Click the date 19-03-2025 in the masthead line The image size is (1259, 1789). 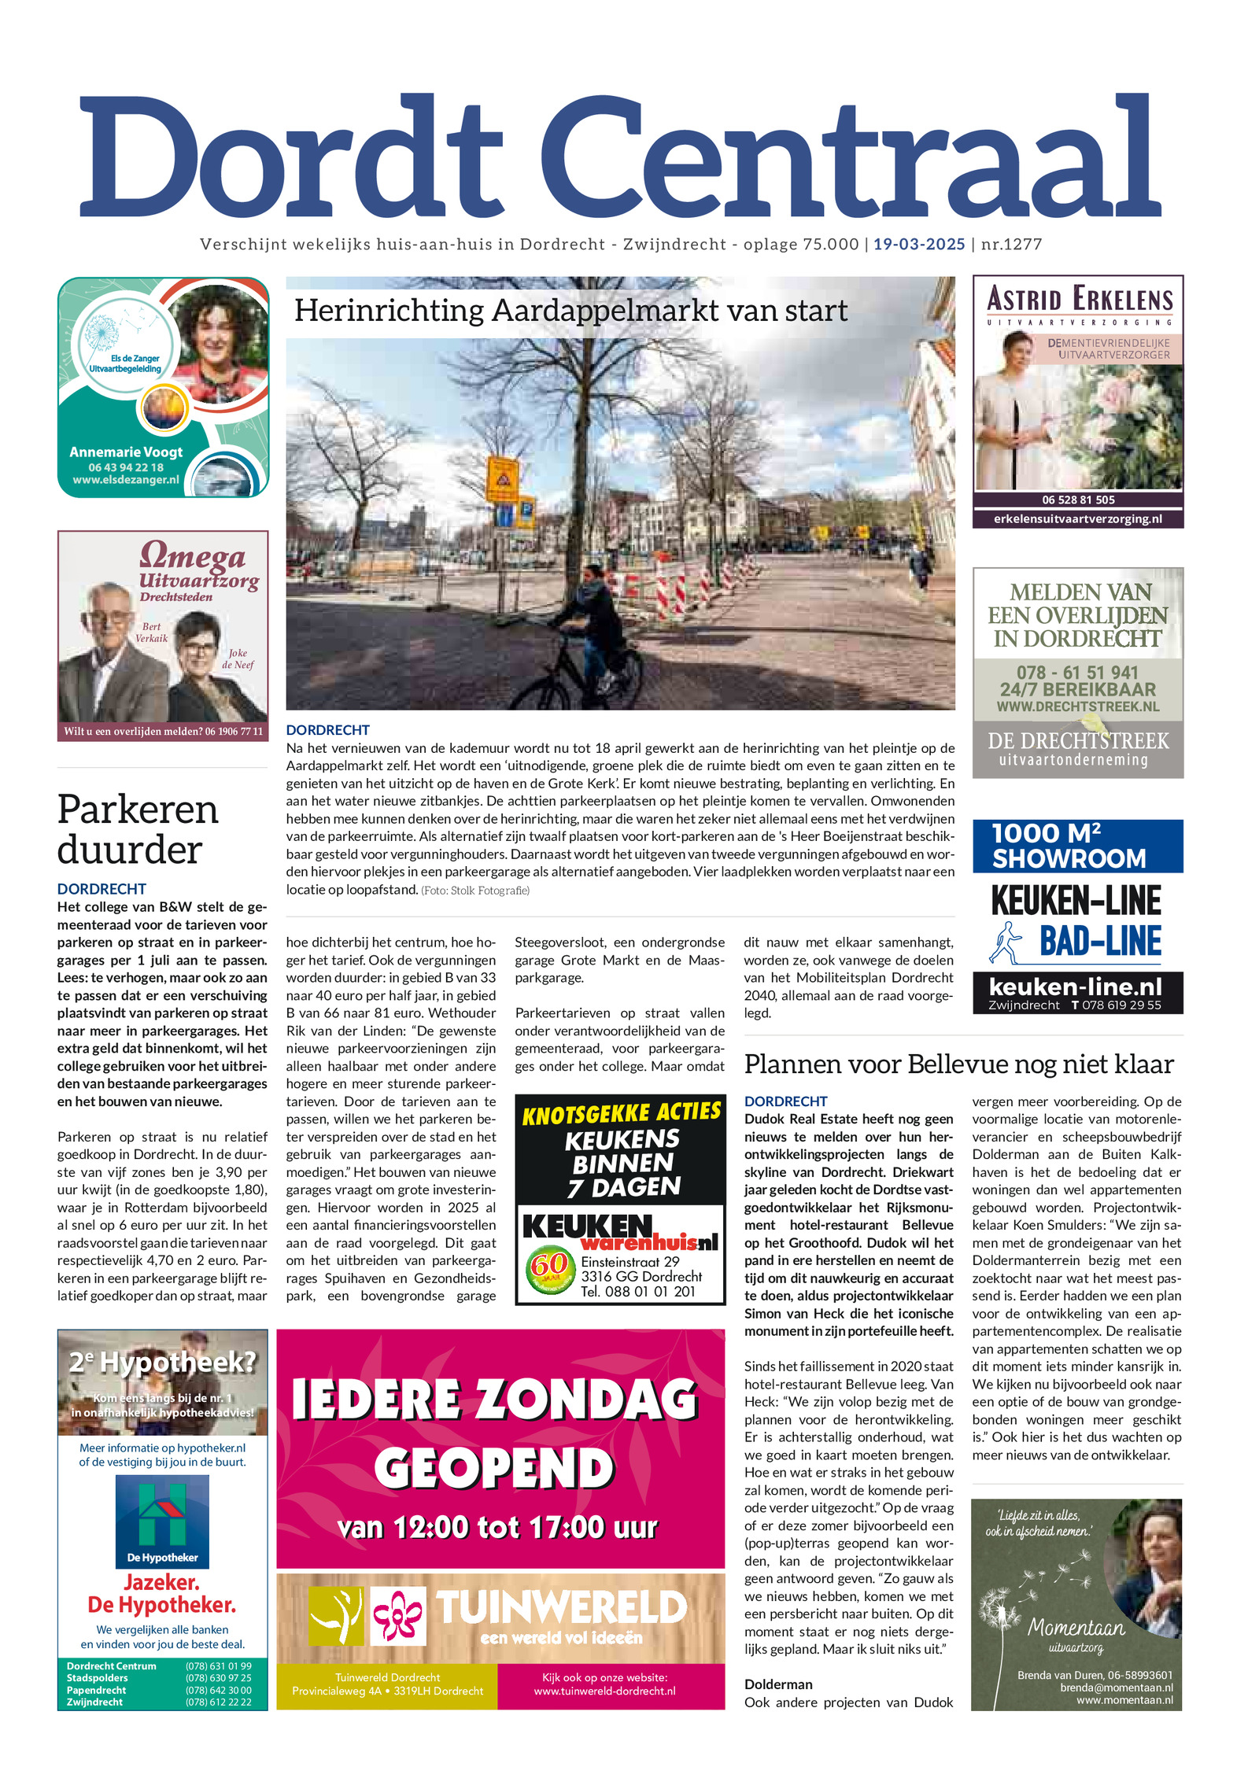click(x=918, y=244)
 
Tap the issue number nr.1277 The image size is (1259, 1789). click(x=1011, y=244)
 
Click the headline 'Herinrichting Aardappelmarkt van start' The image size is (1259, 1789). click(x=570, y=311)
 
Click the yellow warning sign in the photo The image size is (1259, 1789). click(x=501, y=477)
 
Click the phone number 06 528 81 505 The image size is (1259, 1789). click(x=1078, y=500)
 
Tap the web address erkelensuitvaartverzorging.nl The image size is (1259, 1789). click(x=1077, y=518)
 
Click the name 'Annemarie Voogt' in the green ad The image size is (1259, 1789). click(x=126, y=452)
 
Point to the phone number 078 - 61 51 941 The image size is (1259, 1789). click(x=1077, y=673)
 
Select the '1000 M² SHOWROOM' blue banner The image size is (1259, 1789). click(x=1077, y=846)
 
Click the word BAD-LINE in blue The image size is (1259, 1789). click(x=1100, y=941)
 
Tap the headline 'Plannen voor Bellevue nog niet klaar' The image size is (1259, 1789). click(x=958, y=1064)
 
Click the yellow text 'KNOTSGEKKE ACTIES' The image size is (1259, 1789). click(x=621, y=1113)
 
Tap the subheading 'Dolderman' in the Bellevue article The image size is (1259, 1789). click(x=778, y=1684)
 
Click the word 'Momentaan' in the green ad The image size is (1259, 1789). click(x=1076, y=1627)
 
